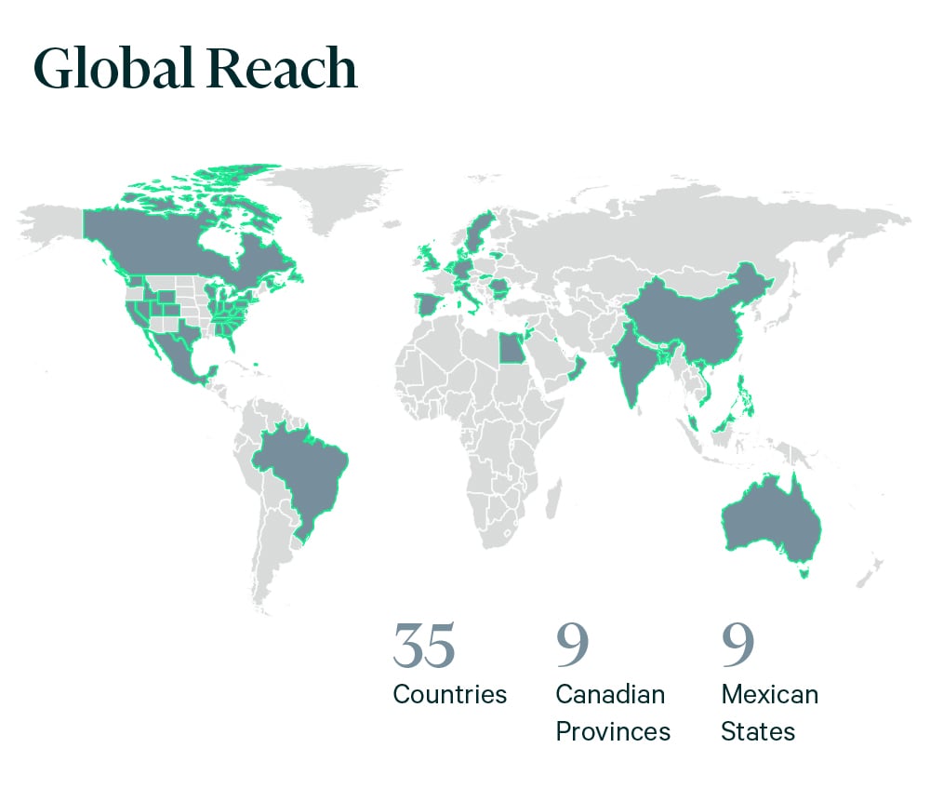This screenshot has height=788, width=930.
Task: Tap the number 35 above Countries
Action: click(x=424, y=646)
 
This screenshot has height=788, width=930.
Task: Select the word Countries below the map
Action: click(x=450, y=694)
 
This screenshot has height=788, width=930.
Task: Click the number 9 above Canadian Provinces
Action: click(x=572, y=646)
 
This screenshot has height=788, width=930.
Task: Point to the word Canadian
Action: click(x=610, y=694)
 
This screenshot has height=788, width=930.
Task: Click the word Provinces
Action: click(x=613, y=731)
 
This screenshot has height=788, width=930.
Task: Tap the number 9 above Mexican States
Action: click(x=737, y=646)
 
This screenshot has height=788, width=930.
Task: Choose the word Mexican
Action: click(x=770, y=694)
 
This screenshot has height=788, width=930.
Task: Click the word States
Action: click(x=758, y=731)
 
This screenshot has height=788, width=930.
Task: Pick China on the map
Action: click(x=707, y=316)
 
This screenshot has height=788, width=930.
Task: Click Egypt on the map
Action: click(x=511, y=350)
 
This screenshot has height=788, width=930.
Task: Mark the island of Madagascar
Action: click(x=551, y=494)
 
